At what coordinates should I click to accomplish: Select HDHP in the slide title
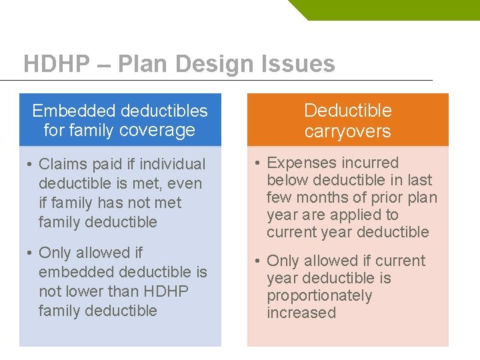[56, 64]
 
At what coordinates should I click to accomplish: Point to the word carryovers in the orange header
[347, 131]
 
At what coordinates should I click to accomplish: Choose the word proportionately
[320, 295]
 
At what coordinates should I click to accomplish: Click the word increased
[301, 313]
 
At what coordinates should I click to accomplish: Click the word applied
[361, 215]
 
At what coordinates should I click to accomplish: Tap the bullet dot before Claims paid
[30, 164]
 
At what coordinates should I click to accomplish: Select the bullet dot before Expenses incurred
[258, 163]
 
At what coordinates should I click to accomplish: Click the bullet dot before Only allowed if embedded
[30, 253]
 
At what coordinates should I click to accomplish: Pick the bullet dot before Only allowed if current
[258, 261]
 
